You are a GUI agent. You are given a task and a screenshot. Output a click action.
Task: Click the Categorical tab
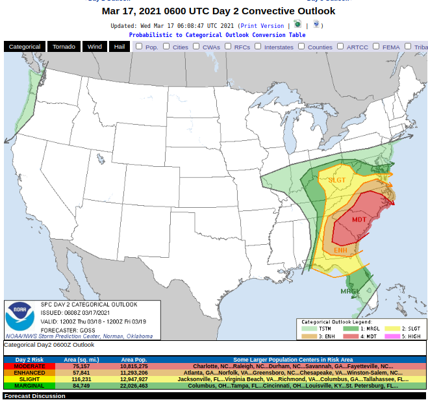pyautogui.click(x=25, y=47)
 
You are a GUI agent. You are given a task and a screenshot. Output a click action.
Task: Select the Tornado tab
pyautogui.click(x=64, y=47)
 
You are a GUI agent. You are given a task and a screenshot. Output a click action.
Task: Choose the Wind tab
pyautogui.click(x=95, y=47)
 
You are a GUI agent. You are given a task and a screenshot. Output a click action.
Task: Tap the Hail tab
pyautogui.click(x=120, y=47)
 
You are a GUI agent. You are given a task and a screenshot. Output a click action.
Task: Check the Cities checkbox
pyautogui.click(x=166, y=46)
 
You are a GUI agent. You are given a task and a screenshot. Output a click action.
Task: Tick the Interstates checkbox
pyautogui.click(x=258, y=46)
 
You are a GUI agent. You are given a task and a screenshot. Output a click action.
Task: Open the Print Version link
pyautogui.click(x=262, y=26)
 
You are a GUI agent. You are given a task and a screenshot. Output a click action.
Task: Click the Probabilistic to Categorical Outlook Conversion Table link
pyautogui.click(x=217, y=35)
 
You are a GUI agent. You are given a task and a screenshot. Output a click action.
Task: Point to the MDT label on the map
pyautogui.click(x=359, y=219)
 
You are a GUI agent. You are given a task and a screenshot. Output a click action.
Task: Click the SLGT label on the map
pyautogui.click(x=336, y=181)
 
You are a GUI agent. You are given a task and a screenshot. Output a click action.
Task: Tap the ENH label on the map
pyautogui.click(x=340, y=250)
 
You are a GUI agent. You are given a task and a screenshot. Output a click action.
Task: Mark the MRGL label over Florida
pyautogui.click(x=350, y=291)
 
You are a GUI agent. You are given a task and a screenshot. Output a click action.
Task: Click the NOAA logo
pyautogui.click(x=20, y=317)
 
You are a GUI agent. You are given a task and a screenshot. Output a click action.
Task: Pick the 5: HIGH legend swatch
pyautogui.click(x=392, y=336)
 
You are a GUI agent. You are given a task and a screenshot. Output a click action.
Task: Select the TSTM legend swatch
pyautogui.click(x=308, y=329)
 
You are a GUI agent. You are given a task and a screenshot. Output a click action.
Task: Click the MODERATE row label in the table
pyautogui.click(x=29, y=366)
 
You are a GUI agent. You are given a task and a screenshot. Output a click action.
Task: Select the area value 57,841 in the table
pyautogui.click(x=81, y=373)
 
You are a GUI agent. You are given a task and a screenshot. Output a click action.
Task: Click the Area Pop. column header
pyautogui.click(x=134, y=359)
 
